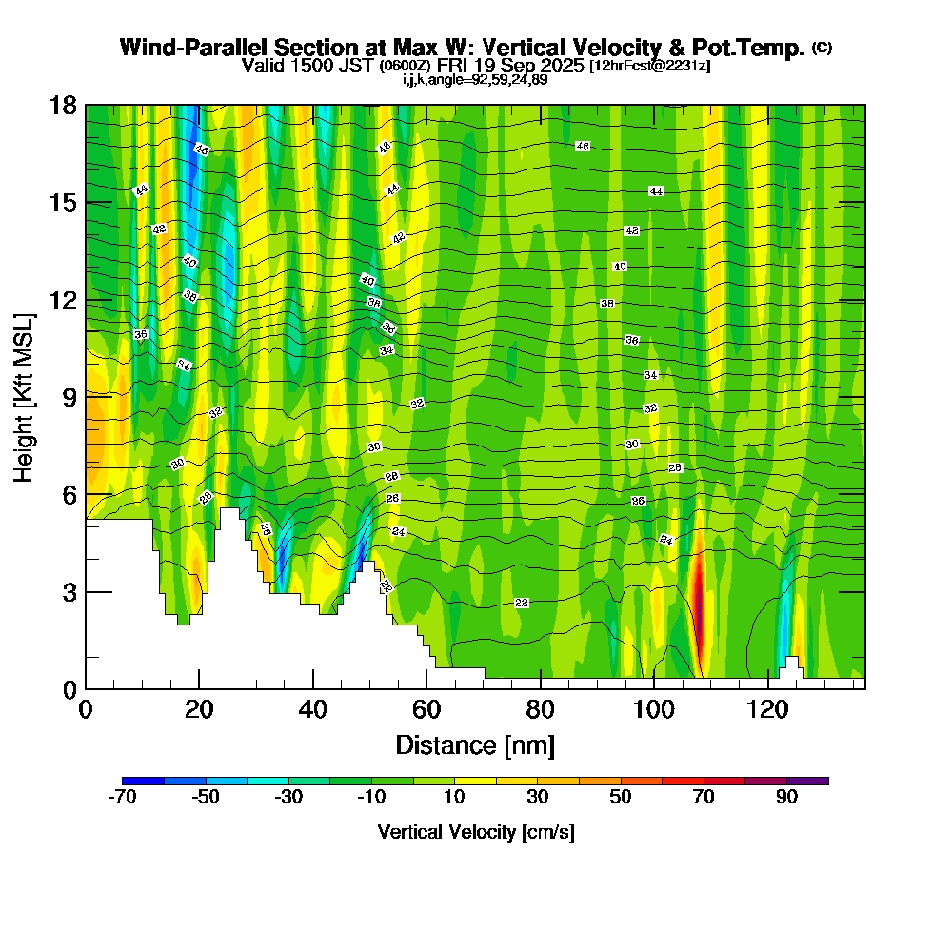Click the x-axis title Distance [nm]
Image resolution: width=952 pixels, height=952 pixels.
coord(474,744)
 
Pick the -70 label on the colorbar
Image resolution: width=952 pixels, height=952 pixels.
coord(124,798)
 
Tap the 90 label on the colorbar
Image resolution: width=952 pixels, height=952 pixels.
coord(786,798)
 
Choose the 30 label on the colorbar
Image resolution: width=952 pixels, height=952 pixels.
coord(538,798)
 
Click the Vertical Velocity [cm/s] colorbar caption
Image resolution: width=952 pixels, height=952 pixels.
coord(476,832)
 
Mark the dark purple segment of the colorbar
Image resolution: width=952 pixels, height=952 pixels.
coord(807,781)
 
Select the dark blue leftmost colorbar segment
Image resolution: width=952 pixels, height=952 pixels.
coord(144,781)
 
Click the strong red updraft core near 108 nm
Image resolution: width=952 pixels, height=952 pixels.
coord(698,595)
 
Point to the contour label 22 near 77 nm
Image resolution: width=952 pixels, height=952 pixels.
coord(521,604)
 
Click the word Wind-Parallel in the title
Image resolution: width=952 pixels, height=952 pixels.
coord(183,48)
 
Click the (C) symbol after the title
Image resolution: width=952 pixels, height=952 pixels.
coord(823,48)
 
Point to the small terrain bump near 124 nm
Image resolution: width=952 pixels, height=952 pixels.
coord(791,664)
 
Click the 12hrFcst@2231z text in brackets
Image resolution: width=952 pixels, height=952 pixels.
coord(649,66)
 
